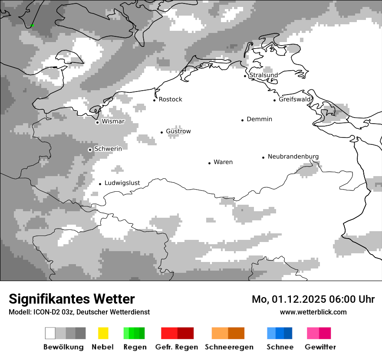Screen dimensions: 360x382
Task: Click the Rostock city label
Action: (x=170, y=99)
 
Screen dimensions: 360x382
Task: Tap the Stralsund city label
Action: (x=263, y=75)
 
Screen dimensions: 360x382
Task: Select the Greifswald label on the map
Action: (x=295, y=99)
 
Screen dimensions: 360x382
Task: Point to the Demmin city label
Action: (x=259, y=119)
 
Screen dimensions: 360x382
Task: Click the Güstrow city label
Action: (x=178, y=131)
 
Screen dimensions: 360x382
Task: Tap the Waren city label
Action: (x=223, y=162)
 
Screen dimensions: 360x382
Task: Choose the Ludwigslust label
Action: (x=122, y=183)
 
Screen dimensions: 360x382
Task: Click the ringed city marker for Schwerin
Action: (x=90, y=150)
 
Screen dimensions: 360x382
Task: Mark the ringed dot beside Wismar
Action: (x=97, y=122)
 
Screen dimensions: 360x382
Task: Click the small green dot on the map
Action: (x=32, y=26)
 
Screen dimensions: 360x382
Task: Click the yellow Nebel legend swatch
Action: (x=103, y=333)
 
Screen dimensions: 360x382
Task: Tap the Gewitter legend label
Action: (x=320, y=347)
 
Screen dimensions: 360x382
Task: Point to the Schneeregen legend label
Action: (x=229, y=347)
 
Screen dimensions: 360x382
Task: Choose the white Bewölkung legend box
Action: (x=50, y=333)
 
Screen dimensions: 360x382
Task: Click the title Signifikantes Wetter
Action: (x=72, y=299)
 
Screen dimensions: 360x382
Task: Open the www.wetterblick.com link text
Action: (x=313, y=312)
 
